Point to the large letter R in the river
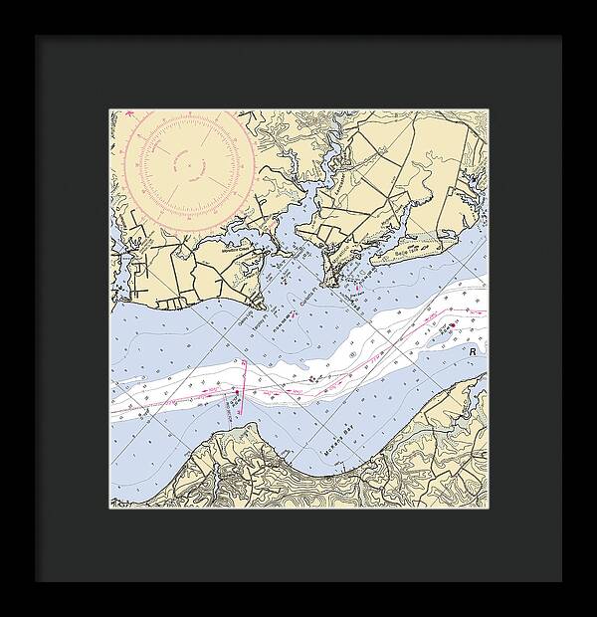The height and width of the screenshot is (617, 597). point(475,352)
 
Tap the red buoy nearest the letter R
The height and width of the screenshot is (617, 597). point(452,324)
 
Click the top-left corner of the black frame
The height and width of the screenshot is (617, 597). point(37,37)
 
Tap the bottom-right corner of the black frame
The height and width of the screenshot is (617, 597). point(560,580)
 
